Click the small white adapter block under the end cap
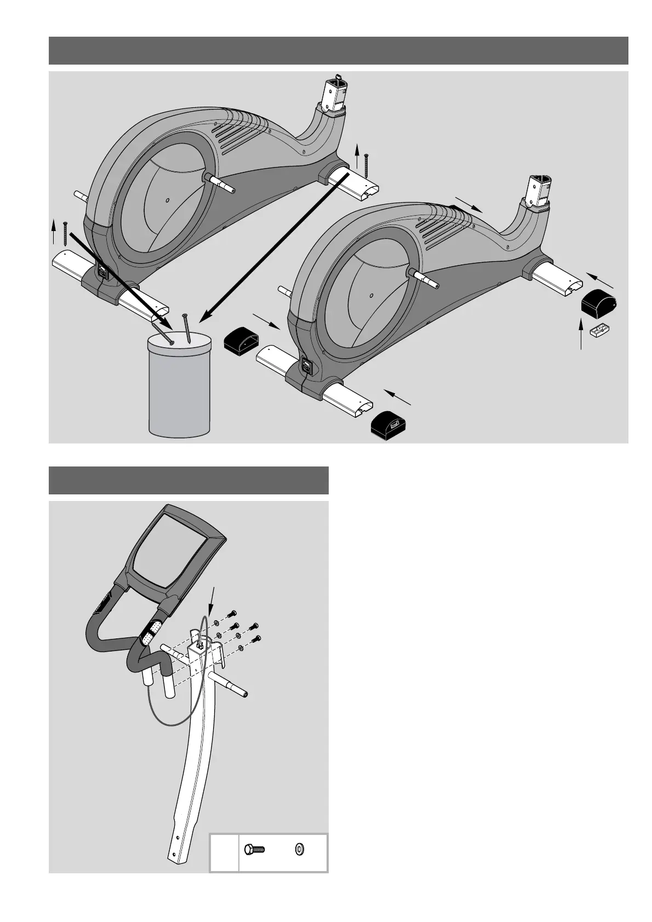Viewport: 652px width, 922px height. coord(600,330)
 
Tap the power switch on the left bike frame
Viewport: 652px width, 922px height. coord(102,270)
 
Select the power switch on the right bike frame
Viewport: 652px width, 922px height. coord(306,366)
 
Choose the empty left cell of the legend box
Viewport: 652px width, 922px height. coord(225,852)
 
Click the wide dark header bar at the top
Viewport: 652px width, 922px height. coord(338,50)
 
